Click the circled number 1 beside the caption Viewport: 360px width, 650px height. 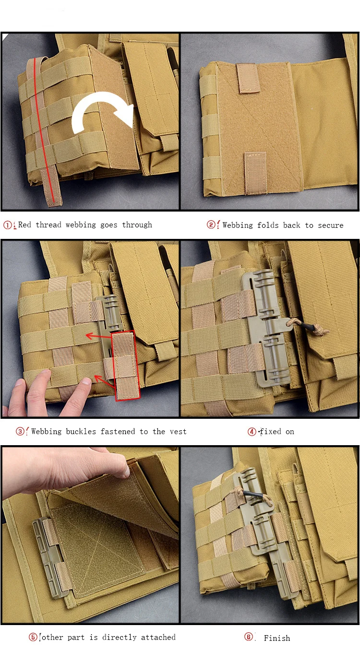coord(8,225)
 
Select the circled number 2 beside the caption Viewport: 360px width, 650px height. coord(211,225)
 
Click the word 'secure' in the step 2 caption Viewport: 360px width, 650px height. coord(331,225)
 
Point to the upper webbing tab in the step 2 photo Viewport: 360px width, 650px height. coord(248,78)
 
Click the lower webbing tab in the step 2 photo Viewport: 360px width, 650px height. coord(255,173)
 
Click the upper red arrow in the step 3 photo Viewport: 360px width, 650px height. coord(99,336)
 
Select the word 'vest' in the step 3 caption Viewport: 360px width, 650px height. coord(178,432)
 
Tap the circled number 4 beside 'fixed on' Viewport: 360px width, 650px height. coord(252,432)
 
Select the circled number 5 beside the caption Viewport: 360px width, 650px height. coord(33,637)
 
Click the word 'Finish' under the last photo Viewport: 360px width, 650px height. coord(276,638)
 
